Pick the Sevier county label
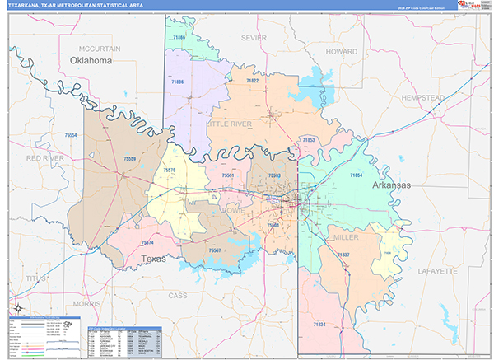(x=254, y=38)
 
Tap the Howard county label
(x=341, y=51)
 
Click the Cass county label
(x=178, y=294)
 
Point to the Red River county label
(x=44, y=157)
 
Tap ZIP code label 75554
(x=71, y=135)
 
